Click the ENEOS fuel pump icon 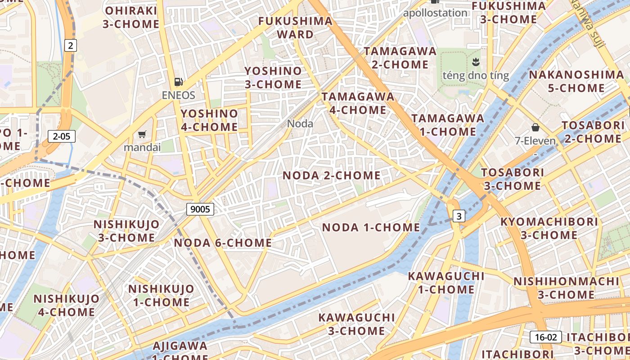[x=179, y=82]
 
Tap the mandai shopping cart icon [x=142, y=134]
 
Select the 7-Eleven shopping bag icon [x=535, y=127]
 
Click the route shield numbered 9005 [x=200, y=209]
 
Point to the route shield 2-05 [x=61, y=136]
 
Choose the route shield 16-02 [x=545, y=337]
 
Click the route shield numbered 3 [x=459, y=216]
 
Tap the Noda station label [x=300, y=123]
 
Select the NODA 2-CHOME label [x=332, y=175]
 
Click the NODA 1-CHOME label [x=371, y=228]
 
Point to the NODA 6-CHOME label [x=223, y=243]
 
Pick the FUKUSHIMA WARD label [x=295, y=27]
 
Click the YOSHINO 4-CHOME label [x=209, y=120]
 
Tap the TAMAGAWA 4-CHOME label [x=358, y=103]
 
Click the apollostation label [x=435, y=13]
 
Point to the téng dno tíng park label [x=476, y=75]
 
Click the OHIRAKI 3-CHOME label [x=131, y=17]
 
